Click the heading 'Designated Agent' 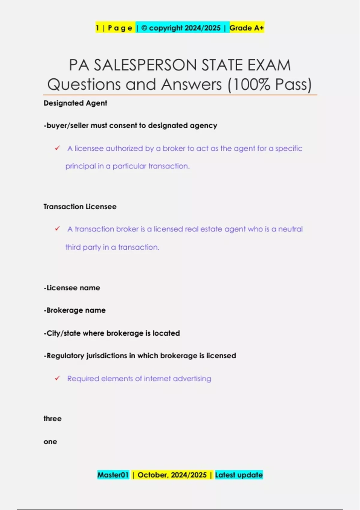(x=75, y=103)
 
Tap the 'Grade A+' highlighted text (x=247, y=28)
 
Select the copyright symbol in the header (x=144, y=28)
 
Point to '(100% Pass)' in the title (x=270, y=85)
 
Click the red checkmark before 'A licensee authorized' (x=57, y=148)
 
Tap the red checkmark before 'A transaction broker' (x=57, y=229)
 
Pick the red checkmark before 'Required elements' (x=57, y=378)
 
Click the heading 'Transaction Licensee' (x=80, y=207)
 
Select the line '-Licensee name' (x=72, y=288)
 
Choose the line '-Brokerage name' (x=75, y=310)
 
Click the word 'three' (x=52, y=419)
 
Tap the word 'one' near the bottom (x=50, y=442)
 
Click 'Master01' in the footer (x=113, y=475)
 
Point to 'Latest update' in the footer (x=239, y=475)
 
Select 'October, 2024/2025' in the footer (x=172, y=475)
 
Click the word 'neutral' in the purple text (x=290, y=229)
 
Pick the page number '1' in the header (x=97, y=28)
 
